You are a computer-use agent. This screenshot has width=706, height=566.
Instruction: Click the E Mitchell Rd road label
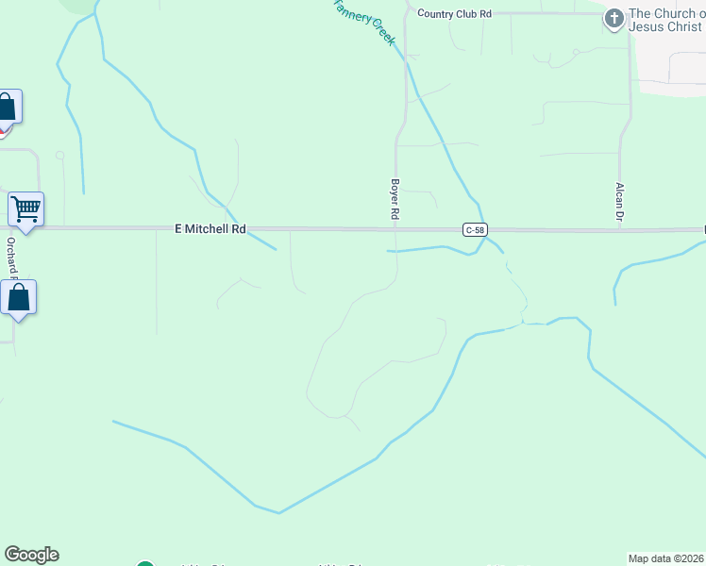coord(210,229)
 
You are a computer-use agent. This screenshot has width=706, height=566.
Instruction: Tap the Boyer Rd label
coord(395,200)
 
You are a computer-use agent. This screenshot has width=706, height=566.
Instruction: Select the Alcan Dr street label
coord(620,202)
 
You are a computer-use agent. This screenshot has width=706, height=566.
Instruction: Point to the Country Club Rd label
coord(455,14)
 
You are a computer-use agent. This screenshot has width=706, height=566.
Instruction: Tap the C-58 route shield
coord(475,230)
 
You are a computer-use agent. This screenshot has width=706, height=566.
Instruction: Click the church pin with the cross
coord(614,18)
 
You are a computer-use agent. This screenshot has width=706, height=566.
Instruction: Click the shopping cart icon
coord(25,208)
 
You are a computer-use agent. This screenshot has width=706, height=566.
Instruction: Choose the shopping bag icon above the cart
coord(7,107)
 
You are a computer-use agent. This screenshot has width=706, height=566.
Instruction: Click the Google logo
coord(31,555)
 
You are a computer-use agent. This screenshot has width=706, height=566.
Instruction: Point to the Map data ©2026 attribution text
coord(666,558)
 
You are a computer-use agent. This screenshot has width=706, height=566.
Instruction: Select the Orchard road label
coord(12,255)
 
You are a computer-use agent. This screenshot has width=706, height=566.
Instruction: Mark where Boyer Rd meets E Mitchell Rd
coord(396,229)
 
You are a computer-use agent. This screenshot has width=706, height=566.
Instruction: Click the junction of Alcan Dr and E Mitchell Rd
coord(620,229)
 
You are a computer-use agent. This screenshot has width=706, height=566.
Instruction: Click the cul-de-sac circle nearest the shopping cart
coord(59,155)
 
